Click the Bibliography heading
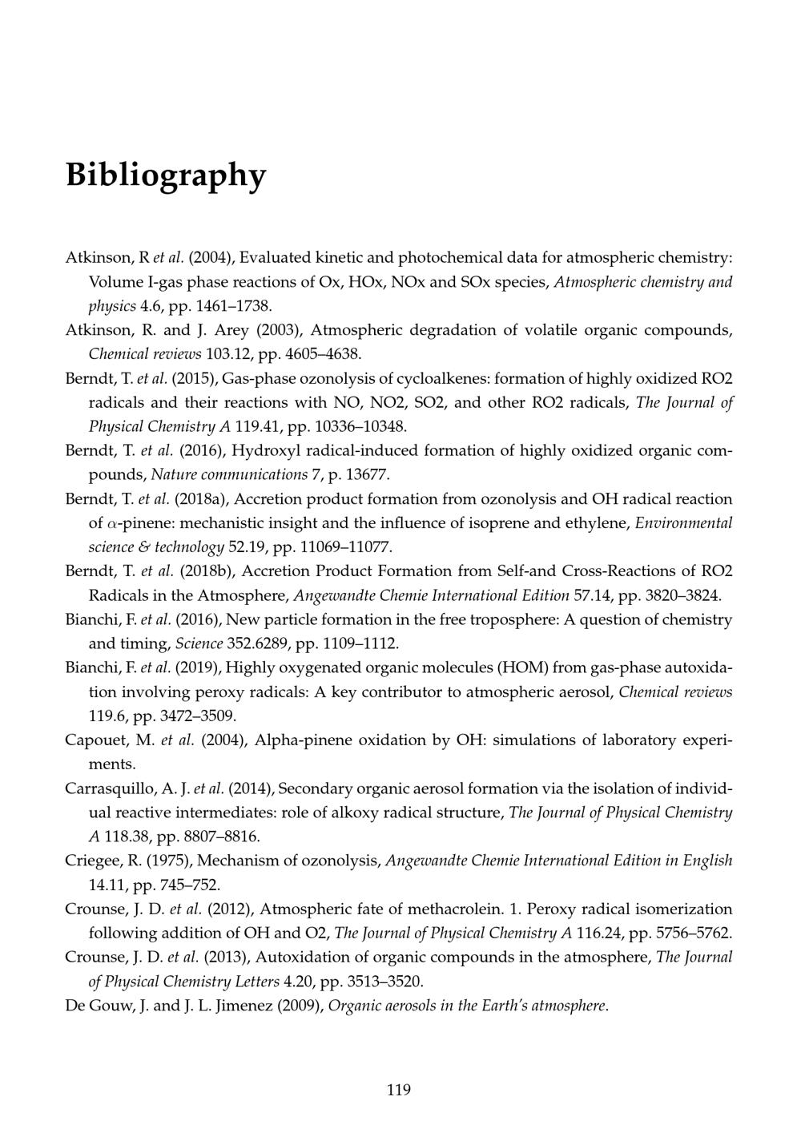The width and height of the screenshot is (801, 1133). coord(165,174)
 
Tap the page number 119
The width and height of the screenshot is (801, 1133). coord(399,1089)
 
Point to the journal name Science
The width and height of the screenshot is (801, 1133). coord(200,643)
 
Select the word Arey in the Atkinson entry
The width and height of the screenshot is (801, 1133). coord(231,330)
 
